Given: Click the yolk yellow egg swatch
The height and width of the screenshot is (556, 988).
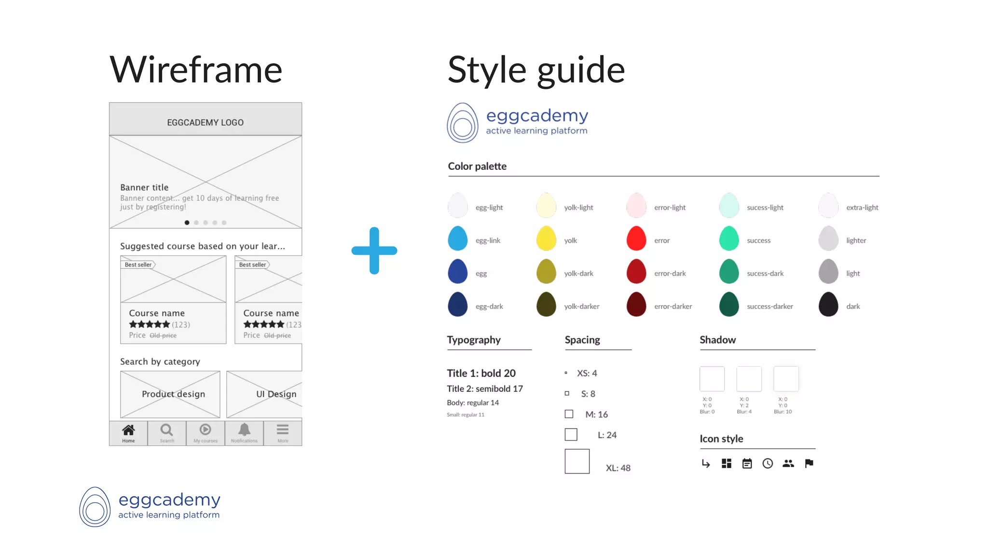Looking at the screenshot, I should pyautogui.click(x=546, y=238).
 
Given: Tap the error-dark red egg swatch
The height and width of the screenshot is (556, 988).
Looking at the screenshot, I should pyautogui.click(x=636, y=271).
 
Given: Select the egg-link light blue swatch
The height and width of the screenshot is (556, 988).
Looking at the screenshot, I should pyautogui.click(x=457, y=238).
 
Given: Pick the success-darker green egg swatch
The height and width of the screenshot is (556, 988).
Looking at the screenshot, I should pyautogui.click(x=729, y=305).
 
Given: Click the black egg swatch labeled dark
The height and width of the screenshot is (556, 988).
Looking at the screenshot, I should pyautogui.click(x=828, y=305).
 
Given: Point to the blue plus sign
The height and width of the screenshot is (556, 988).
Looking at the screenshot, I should pyautogui.click(x=374, y=250).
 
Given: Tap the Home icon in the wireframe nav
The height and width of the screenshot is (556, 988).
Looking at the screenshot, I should pyautogui.click(x=128, y=430).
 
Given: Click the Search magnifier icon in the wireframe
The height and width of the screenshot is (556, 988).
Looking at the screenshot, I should pyautogui.click(x=167, y=430).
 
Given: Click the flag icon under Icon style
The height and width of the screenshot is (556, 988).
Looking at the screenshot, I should pyautogui.click(x=809, y=463).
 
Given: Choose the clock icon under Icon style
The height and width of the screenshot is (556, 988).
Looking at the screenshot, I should pyautogui.click(x=768, y=463).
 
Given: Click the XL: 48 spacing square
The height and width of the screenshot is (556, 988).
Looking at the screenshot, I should pyautogui.click(x=577, y=461).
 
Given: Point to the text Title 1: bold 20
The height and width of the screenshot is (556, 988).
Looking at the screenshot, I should pyautogui.click(x=481, y=373).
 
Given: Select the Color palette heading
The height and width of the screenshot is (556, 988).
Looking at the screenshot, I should pyautogui.click(x=477, y=166).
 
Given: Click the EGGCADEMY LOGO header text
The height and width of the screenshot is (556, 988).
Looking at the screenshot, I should pyautogui.click(x=206, y=123).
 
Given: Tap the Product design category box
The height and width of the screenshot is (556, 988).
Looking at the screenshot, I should pyautogui.click(x=170, y=394).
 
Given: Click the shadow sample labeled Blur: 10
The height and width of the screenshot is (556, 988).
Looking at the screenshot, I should pyautogui.click(x=786, y=379).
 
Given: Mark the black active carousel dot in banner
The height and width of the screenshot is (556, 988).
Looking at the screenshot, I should pyautogui.click(x=187, y=222).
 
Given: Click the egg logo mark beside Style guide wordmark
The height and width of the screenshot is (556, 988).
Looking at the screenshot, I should pyautogui.click(x=462, y=123).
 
